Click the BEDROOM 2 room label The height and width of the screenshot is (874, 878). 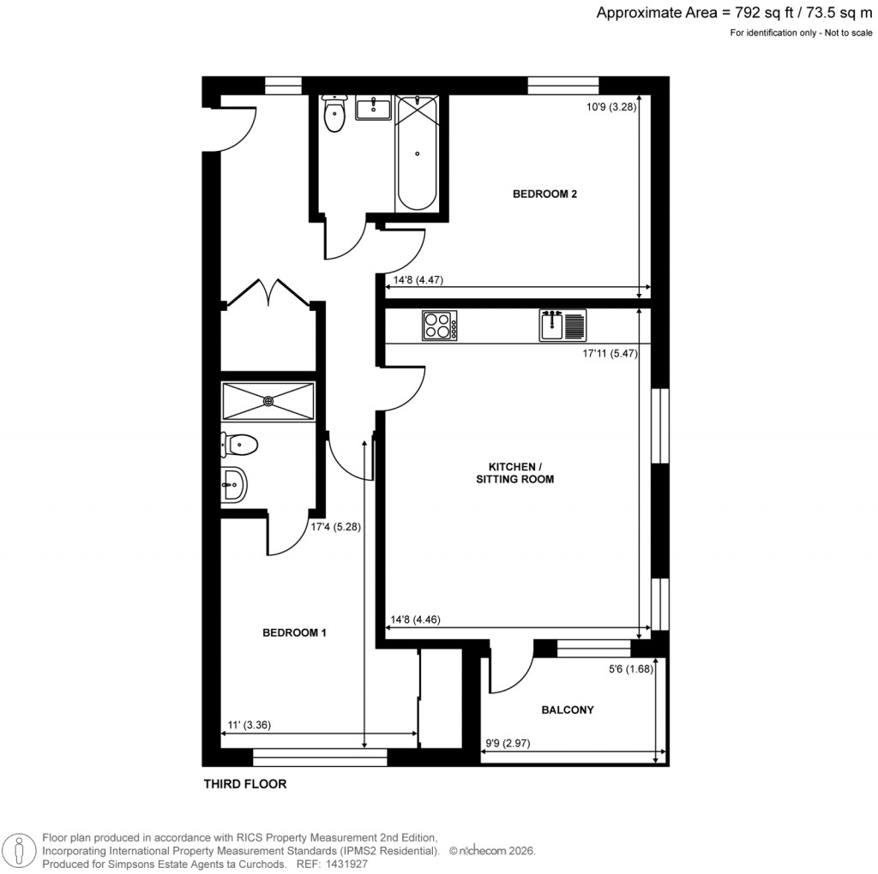point(544,194)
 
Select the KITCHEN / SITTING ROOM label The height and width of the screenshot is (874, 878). point(514,472)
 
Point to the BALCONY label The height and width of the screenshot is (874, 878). point(568,709)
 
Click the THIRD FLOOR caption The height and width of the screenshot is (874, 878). point(244,784)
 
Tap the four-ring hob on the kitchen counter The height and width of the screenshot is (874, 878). point(439,326)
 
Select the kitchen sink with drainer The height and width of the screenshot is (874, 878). point(562,326)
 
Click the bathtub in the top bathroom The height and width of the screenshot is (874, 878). point(418,154)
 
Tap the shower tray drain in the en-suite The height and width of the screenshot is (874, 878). point(268,400)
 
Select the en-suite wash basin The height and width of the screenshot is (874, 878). point(233,485)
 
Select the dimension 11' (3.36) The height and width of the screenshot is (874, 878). point(249,725)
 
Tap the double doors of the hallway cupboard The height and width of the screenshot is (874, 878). point(268,291)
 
